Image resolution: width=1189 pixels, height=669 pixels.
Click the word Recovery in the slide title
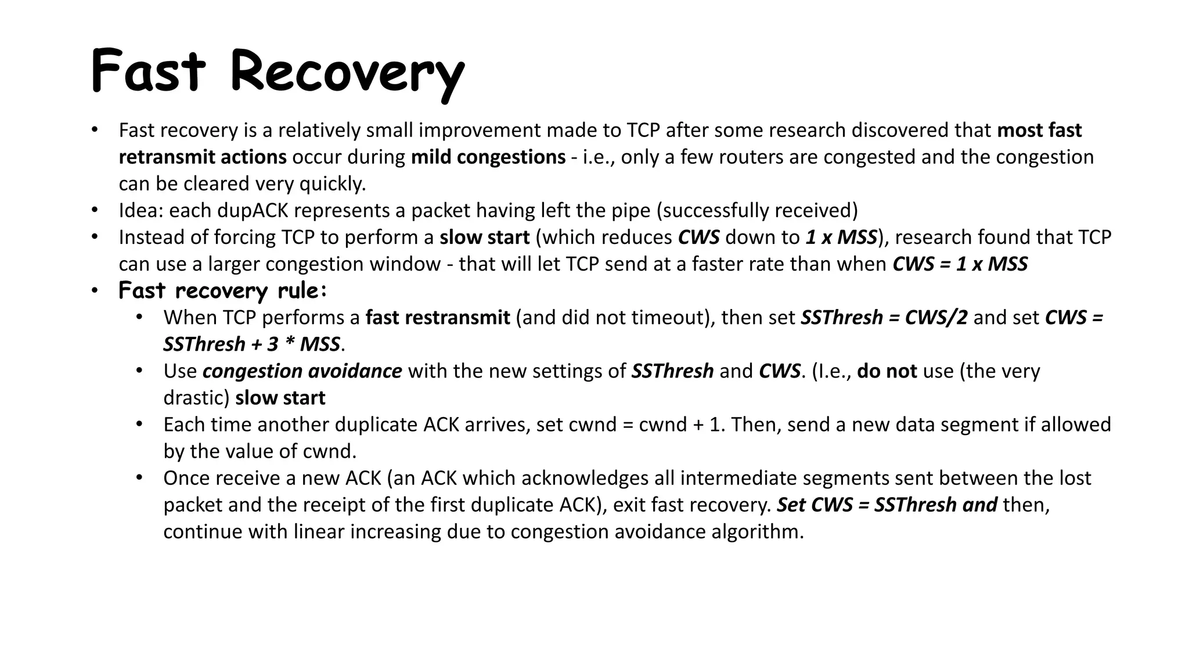tap(347, 72)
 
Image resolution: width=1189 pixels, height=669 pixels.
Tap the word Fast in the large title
tap(149, 72)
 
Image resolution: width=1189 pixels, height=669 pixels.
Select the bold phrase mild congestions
tap(488, 157)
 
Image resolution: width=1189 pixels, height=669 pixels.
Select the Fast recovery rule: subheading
tap(223, 290)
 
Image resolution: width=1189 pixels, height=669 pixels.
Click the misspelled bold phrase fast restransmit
tap(438, 317)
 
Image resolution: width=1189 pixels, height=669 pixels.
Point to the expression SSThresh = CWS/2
tap(884, 317)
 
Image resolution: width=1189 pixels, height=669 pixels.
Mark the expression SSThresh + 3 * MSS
tap(251, 344)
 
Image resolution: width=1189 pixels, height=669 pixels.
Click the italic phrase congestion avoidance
tap(302, 371)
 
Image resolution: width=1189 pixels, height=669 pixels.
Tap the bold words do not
tap(887, 371)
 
